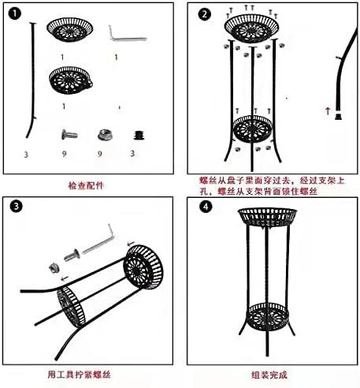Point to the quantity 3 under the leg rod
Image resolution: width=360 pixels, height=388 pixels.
click(x=26, y=154)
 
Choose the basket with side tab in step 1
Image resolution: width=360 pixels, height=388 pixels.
click(x=72, y=80)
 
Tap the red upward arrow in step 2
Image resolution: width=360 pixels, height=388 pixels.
click(x=327, y=111)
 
